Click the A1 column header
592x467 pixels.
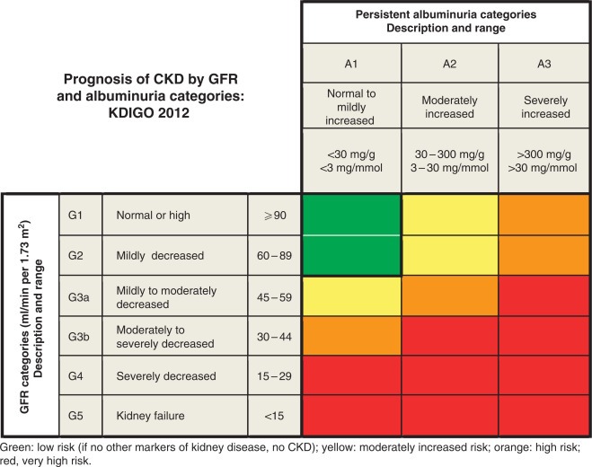pos(351,64)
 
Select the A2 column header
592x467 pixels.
pos(450,64)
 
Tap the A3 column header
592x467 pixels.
pos(544,64)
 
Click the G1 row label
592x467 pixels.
pos(81,216)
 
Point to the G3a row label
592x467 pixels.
pos(81,297)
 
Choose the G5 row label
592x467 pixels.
pos(81,416)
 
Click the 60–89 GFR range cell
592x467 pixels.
pos(274,256)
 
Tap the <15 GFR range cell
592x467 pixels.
pos(274,416)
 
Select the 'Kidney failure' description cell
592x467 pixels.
pos(175,416)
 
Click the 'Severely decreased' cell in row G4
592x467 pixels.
pos(175,376)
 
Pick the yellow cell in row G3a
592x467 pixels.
pos(351,296)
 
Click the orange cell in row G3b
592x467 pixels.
pos(351,336)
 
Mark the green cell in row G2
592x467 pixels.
pos(351,255)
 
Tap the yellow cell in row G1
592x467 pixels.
pos(450,215)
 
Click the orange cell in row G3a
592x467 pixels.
pos(450,296)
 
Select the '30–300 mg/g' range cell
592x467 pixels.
pos(450,161)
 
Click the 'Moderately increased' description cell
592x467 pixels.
pos(450,106)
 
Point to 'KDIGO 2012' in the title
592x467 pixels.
pos(149,113)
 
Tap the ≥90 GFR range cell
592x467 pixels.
pos(274,216)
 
